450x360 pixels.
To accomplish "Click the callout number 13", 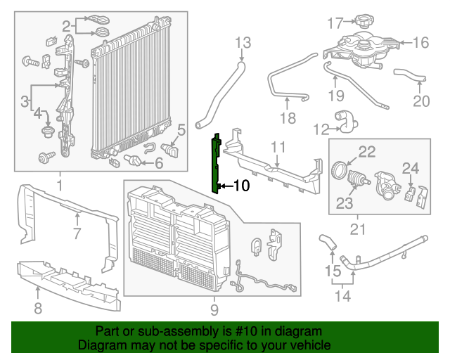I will click(242, 44).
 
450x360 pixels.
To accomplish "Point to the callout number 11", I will click(278, 147).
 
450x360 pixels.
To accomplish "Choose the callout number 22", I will click(367, 150).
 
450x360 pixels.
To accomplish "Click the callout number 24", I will click(410, 167).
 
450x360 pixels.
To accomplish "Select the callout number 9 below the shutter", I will click(214, 309).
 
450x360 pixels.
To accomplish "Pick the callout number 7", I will click(77, 233).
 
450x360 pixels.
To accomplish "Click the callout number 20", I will click(420, 102).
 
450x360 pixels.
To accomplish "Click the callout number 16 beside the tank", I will click(420, 43).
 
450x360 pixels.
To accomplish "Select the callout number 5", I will click(181, 129).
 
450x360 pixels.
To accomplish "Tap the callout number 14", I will click(342, 296).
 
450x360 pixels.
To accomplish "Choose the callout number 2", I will click(66, 27).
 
